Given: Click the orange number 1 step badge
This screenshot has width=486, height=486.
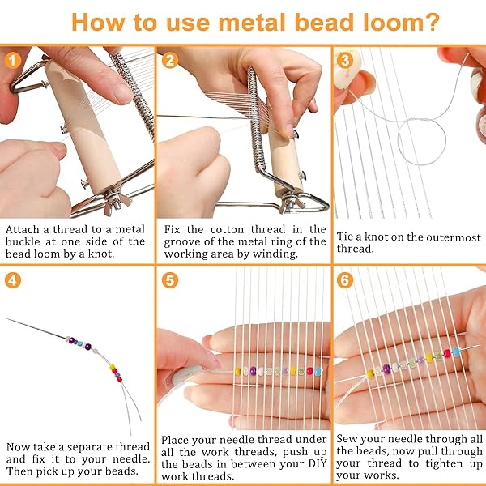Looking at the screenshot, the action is pyautogui.click(x=13, y=60).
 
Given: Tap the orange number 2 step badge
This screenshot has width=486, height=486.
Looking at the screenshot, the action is pyautogui.click(x=170, y=60).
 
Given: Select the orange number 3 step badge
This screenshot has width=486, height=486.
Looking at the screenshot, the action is pyautogui.click(x=345, y=60).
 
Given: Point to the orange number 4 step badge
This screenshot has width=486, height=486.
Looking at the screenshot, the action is pyautogui.click(x=13, y=280).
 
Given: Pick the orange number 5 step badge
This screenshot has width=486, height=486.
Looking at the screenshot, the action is pyautogui.click(x=170, y=280).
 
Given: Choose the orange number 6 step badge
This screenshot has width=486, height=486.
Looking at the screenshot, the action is pyautogui.click(x=345, y=280).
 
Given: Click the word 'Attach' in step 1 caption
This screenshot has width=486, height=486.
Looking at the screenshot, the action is pyautogui.click(x=23, y=229).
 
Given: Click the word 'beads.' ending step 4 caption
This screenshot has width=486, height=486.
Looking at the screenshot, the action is pyautogui.click(x=122, y=471).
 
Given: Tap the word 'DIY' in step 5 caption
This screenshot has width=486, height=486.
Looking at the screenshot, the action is pyautogui.click(x=318, y=464).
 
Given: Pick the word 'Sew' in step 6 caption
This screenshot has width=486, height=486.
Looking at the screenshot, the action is pyautogui.click(x=346, y=439).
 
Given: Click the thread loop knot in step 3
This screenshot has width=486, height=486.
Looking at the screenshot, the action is pyautogui.click(x=421, y=142).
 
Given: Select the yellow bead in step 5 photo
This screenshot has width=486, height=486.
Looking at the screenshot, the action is pyautogui.click(x=238, y=371).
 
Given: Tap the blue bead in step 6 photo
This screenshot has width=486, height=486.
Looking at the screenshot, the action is pyautogui.click(x=456, y=352).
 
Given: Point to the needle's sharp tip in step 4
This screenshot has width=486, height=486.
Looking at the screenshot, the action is pyautogui.click(x=6, y=318).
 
